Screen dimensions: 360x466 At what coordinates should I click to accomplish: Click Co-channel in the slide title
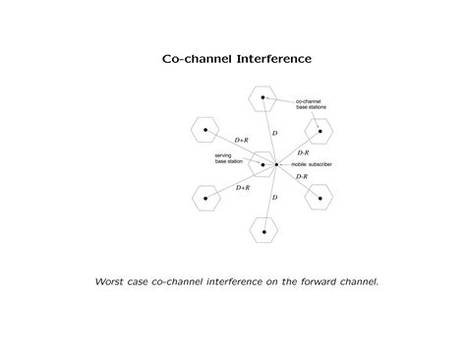[194, 59]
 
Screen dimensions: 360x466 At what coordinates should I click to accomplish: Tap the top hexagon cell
[262, 97]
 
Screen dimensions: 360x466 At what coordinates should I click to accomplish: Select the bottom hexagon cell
[263, 229]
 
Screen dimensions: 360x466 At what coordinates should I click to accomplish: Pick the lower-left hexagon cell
[204, 198]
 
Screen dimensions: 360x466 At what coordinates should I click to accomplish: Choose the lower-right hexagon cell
[319, 197]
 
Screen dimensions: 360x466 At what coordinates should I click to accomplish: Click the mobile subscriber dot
[277, 164]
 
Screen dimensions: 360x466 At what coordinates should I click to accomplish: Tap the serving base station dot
[262, 163]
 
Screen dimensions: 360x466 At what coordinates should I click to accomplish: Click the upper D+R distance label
[242, 140]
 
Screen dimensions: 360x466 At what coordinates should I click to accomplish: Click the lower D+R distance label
[242, 187]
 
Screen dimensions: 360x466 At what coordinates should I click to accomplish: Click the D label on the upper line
[274, 132]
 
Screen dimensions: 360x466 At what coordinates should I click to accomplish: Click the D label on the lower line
[274, 197]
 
